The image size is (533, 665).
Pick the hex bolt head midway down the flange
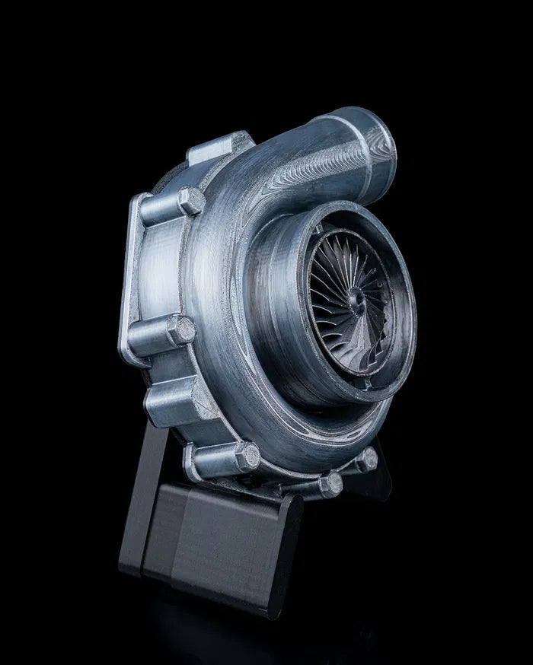pos(181,329)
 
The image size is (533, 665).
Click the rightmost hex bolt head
pos(367,459)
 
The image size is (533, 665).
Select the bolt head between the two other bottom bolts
pos(329,484)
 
